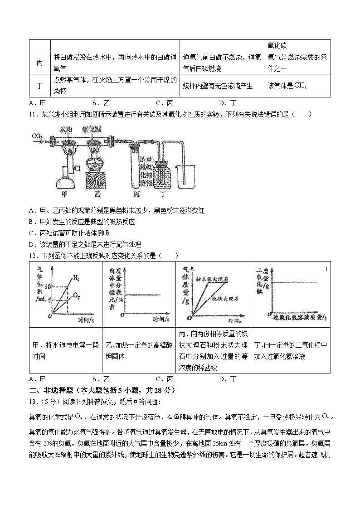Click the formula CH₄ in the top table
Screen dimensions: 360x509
[300, 86]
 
